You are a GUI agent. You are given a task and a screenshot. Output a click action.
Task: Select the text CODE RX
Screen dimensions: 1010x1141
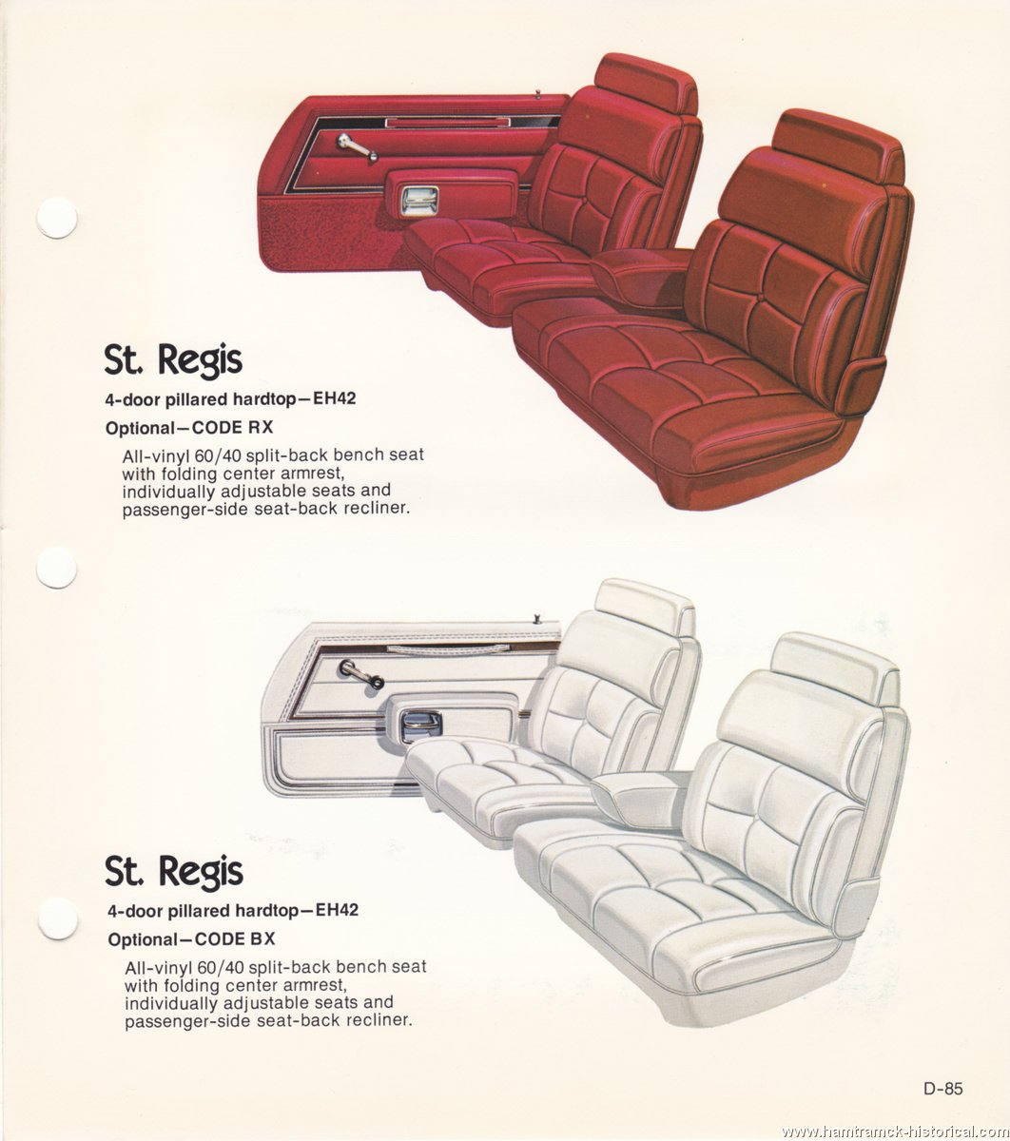click(x=233, y=428)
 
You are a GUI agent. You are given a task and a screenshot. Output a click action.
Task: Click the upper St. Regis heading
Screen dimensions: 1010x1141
click(x=173, y=360)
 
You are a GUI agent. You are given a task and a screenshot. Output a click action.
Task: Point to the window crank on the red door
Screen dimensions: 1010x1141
click(x=357, y=145)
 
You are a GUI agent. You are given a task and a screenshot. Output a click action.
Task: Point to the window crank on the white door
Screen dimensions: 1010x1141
click(x=360, y=673)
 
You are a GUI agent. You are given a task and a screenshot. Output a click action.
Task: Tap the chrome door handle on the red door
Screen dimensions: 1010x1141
click(x=419, y=200)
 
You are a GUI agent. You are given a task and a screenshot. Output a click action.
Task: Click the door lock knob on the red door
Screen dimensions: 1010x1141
click(x=539, y=93)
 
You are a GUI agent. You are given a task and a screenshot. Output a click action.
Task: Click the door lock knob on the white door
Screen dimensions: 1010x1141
click(x=537, y=620)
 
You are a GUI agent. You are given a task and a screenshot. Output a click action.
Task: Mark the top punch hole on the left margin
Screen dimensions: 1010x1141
click(x=57, y=218)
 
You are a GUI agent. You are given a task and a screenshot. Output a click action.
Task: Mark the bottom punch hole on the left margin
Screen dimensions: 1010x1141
click(x=57, y=919)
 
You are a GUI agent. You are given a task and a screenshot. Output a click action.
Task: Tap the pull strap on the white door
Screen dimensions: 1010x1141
click(x=448, y=650)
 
